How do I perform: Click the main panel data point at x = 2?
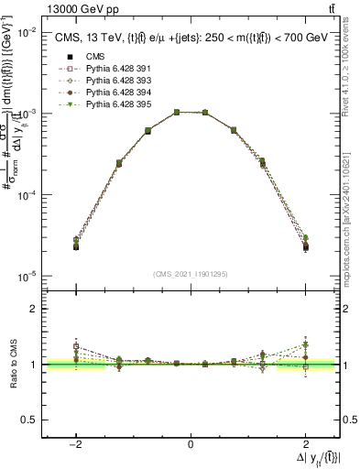tap(305, 245)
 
